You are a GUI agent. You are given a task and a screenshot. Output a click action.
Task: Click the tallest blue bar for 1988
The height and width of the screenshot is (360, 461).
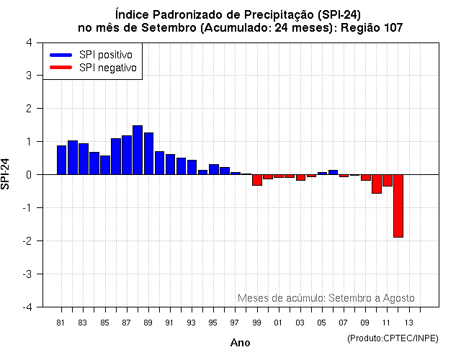click(x=138, y=150)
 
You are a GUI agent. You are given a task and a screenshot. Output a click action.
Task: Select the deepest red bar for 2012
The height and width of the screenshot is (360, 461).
click(x=398, y=205)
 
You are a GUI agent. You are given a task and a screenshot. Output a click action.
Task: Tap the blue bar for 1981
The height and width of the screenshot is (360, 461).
click(x=61, y=160)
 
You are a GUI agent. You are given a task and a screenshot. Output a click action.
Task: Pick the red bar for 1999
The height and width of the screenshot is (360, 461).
click(x=257, y=180)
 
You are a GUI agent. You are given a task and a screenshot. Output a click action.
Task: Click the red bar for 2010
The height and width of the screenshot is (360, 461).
click(x=377, y=184)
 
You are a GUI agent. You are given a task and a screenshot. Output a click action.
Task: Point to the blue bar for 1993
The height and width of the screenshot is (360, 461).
click(x=192, y=167)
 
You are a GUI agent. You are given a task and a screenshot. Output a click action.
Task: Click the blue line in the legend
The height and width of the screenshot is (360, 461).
click(x=61, y=55)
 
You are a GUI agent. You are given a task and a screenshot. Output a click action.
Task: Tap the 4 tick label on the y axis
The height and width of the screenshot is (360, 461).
click(x=28, y=42)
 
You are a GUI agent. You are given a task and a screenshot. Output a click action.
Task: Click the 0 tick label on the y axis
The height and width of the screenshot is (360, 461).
click(x=28, y=174)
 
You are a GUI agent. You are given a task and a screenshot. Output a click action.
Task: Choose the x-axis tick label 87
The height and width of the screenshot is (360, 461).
click(x=126, y=323)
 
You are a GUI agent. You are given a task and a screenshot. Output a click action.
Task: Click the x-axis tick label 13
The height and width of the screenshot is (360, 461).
click(x=408, y=323)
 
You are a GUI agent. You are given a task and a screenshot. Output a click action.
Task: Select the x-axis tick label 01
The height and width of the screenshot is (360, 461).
click(x=278, y=323)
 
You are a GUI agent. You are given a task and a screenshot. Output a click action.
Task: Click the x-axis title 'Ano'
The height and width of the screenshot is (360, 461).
click(x=241, y=343)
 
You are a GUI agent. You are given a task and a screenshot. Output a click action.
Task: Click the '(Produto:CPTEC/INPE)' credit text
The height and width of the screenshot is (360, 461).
click(x=392, y=338)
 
